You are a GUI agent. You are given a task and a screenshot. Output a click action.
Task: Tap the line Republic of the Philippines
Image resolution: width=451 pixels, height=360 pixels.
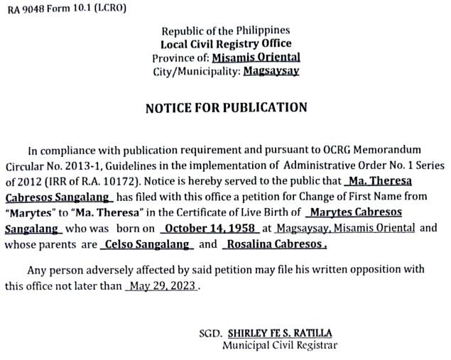(226, 31)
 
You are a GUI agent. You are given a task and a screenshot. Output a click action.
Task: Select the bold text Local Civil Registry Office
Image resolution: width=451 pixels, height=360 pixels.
(226, 44)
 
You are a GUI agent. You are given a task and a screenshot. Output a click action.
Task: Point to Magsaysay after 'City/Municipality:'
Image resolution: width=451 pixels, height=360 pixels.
(271, 71)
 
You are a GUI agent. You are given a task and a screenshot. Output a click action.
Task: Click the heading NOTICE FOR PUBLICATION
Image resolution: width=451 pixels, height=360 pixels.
(226, 108)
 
